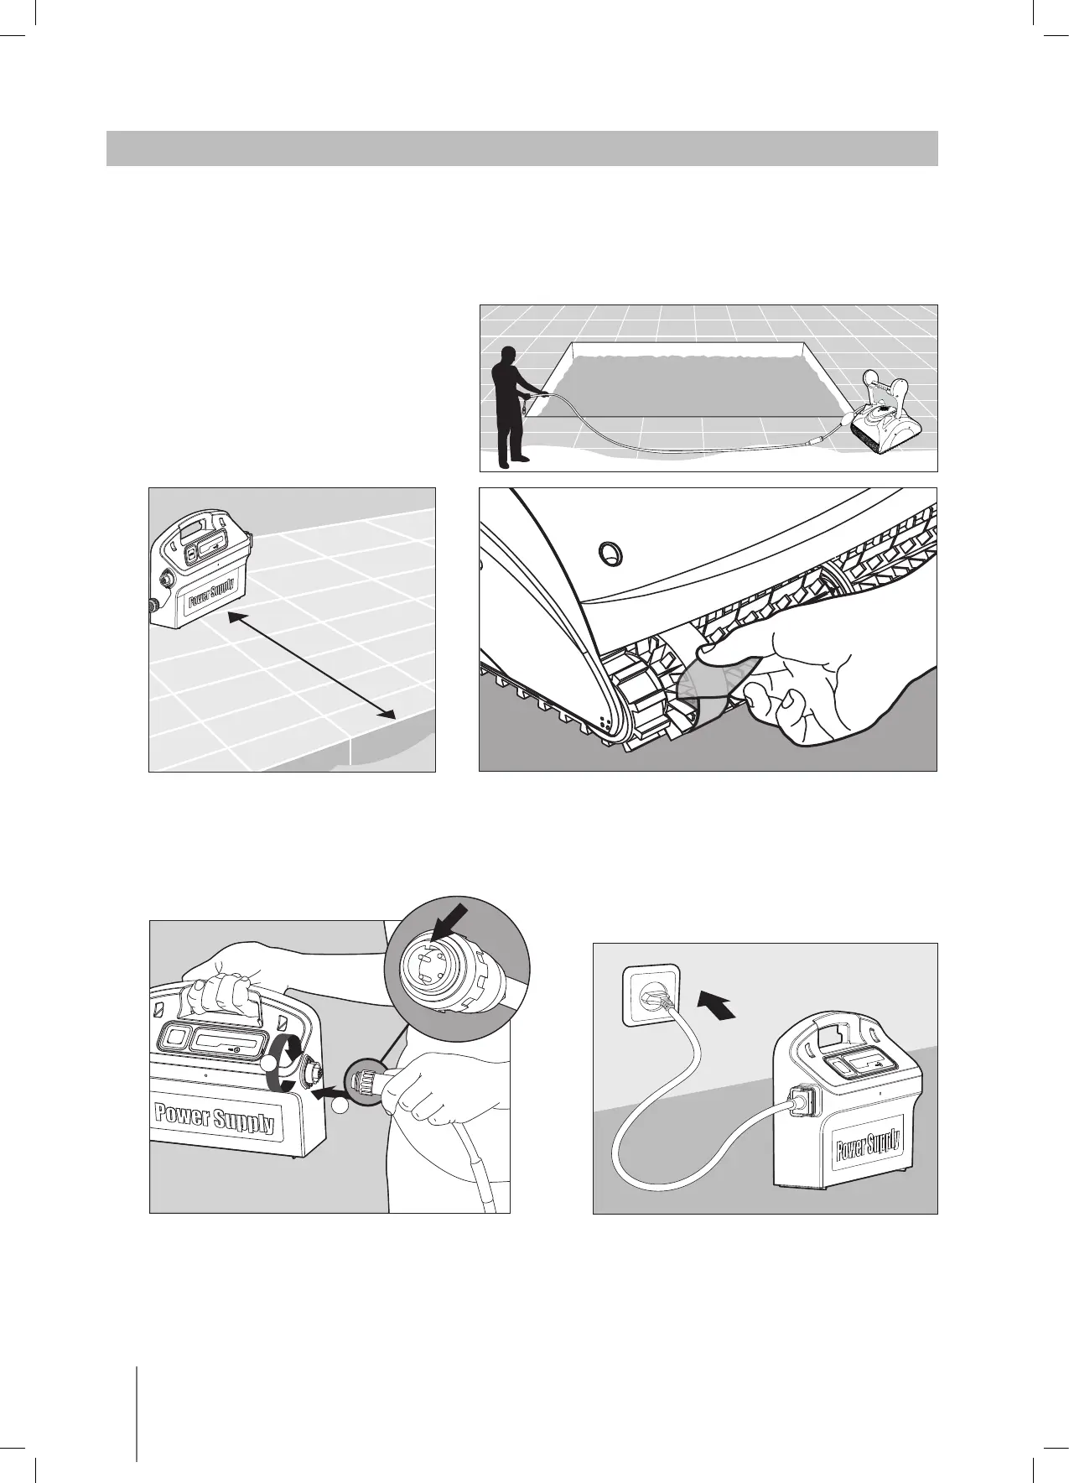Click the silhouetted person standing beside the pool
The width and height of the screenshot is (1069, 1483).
point(510,407)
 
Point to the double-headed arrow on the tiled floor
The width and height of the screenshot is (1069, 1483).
point(311,664)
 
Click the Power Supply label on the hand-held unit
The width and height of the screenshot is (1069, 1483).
point(215,1117)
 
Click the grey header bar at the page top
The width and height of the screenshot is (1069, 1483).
point(522,148)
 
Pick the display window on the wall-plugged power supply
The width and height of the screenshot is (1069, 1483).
point(863,1066)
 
